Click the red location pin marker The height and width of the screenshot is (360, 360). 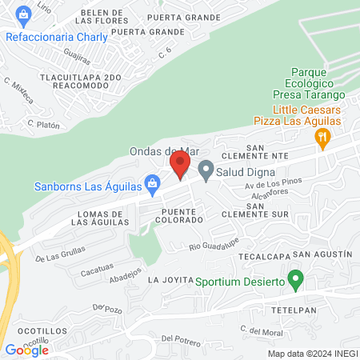[x=179, y=166]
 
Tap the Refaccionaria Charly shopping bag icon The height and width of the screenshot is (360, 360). [x=24, y=14]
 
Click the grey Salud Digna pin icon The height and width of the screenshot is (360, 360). [x=206, y=169]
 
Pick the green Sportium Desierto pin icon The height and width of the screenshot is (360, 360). [x=296, y=281]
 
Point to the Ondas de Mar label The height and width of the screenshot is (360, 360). [x=163, y=150]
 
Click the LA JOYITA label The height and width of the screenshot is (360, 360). [x=166, y=281]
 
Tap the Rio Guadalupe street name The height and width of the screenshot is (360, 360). [x=214, y=244]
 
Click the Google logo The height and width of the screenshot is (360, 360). [x=26, y=350]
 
